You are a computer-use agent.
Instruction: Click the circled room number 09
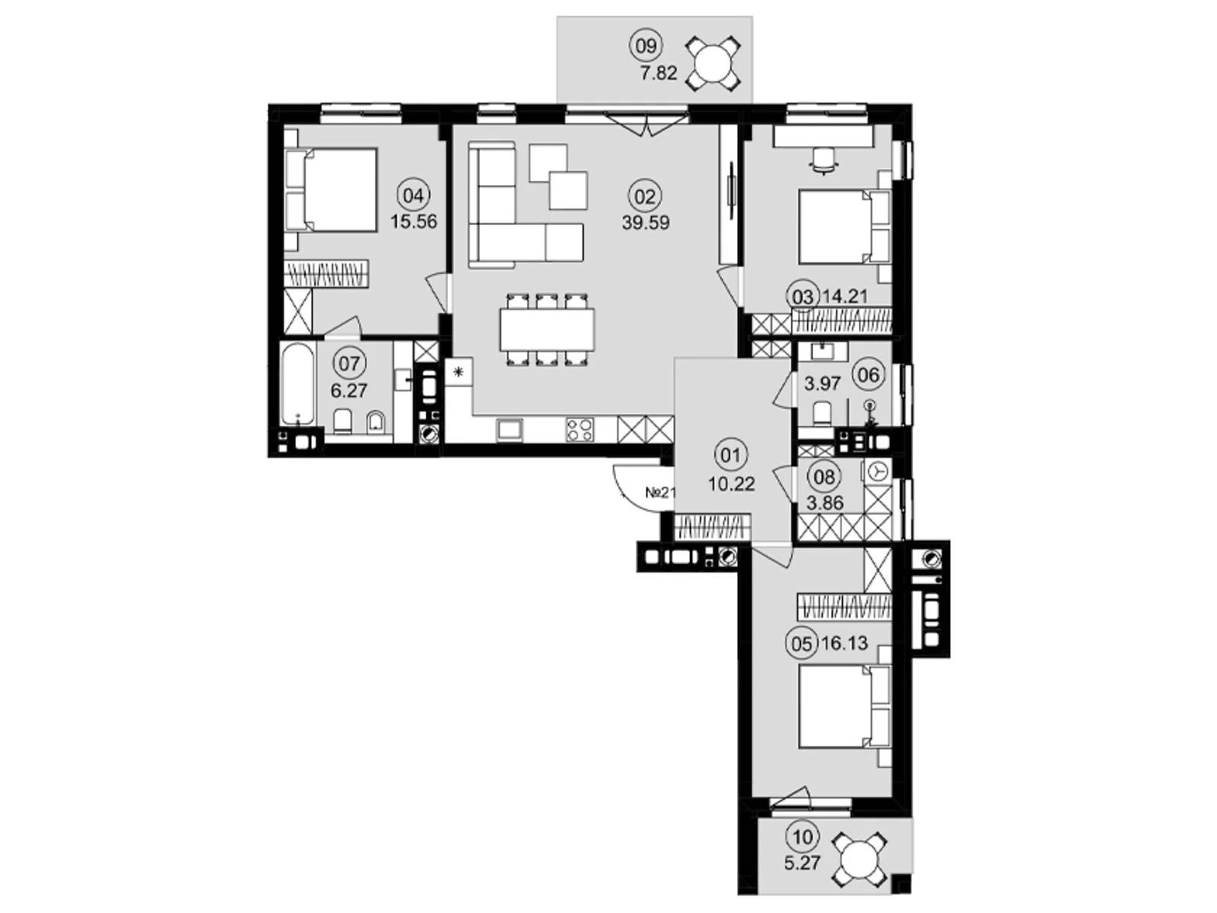[x=645, y=46]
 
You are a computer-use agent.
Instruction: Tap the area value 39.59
[x=646, y=223]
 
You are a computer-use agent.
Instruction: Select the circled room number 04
[x=414, y=195]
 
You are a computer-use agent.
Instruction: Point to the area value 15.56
[x=414, y=221]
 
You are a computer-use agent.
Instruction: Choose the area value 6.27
[x=348, y=391]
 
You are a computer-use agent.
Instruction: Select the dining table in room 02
[x=547, y=329]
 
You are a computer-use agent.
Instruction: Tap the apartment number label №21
[x=659, y=492]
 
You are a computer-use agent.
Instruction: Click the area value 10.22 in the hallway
[x=731, y=484]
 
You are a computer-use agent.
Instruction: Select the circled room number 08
[x=825, y=477]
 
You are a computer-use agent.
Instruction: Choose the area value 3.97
[x=823, y=383]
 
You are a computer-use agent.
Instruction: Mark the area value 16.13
[x=846, y=643]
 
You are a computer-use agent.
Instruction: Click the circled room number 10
[x=802, y=836]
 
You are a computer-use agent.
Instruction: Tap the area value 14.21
[x=845, y=297]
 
